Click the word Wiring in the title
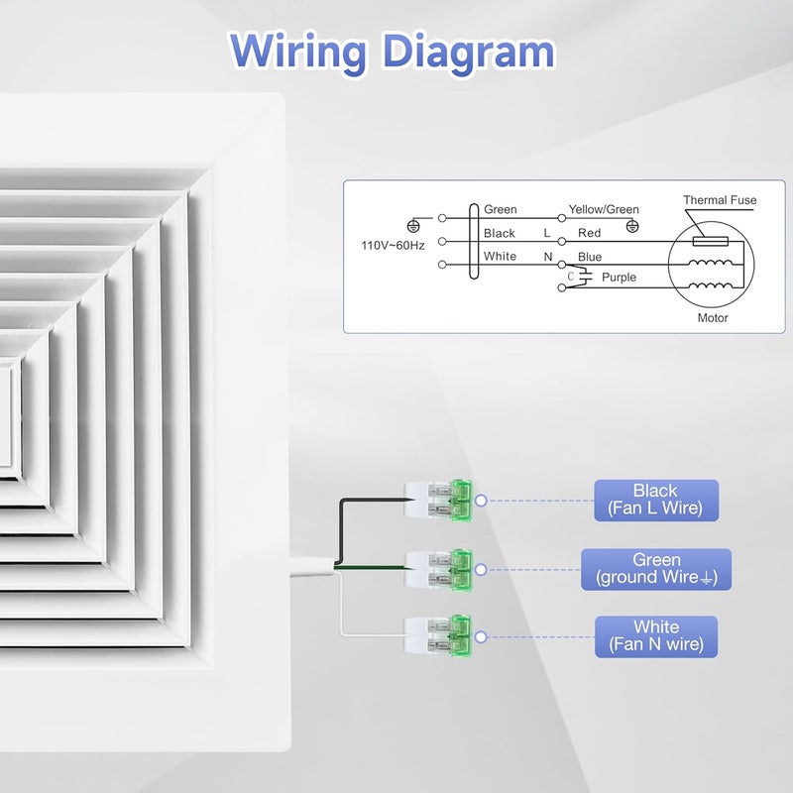tap(298, 54)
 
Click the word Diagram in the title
tap(469, 52)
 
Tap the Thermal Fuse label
tap(720, 200)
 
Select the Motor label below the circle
tap(713, 317)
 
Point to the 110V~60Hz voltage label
tap(393, 245)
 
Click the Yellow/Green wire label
tap(604, 209)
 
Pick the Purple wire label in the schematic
tap(619, 278)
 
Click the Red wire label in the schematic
tap(589, 233)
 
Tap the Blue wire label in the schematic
tap(590, 257)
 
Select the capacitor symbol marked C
tap(585, 277)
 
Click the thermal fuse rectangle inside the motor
tap(711, 241)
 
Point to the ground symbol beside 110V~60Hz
tap(413, 226)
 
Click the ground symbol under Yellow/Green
tap(632, 226)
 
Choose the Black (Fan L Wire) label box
tap(656, 501)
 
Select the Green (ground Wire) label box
tap(656, 569)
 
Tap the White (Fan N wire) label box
tap(656, 636)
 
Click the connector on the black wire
tap(438, 501)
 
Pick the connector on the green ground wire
tap(438, 570)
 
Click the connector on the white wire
tap(438, 636)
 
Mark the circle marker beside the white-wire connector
tap(481, 636)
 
